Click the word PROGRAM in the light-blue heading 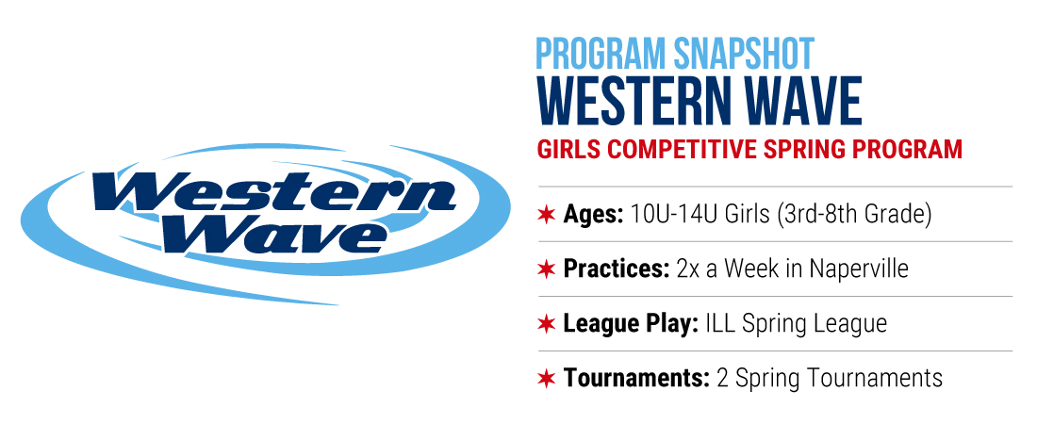click(x=601, y=54)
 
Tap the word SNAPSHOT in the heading click(x=744, y=54)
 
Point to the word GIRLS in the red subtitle click(x=568, y=149)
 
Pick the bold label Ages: click(x=593, y=215)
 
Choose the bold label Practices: click(x=617, y=269)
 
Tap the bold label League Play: click(x=631, y=324)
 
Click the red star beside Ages click(x=546, y=214)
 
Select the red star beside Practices click(x=546, y=269)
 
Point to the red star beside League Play click(x=546, y=323)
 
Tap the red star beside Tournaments click(x=546, y=379)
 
